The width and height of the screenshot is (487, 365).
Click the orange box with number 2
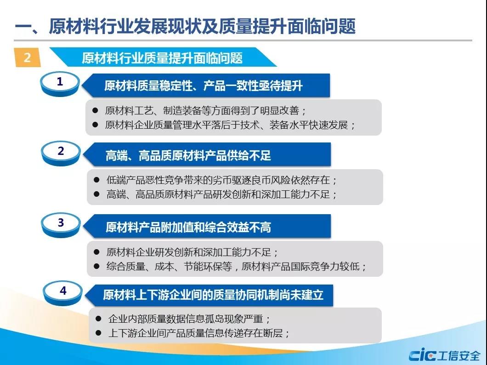[27, 57]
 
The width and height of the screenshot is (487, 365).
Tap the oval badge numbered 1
[60, 84]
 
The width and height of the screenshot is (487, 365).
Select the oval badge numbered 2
[61, 153]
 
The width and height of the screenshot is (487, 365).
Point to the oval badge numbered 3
[61, 225]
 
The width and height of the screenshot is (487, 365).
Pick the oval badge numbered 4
[63, 293]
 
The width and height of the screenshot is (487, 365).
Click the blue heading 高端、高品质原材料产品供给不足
[188, 155]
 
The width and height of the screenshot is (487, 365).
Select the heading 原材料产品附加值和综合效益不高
[188, 227]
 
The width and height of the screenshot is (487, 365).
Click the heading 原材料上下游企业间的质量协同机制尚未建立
[213, 295]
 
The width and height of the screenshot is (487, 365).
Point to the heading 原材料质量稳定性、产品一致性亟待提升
[204, 86]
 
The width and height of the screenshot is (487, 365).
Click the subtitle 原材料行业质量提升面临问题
[162, 58]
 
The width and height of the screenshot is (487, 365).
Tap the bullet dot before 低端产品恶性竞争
[96, 180]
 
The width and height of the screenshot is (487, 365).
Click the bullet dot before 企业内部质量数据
[98, 319]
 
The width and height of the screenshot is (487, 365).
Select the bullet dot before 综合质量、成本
[96, 266]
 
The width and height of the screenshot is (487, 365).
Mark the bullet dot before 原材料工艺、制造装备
[95, 110]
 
